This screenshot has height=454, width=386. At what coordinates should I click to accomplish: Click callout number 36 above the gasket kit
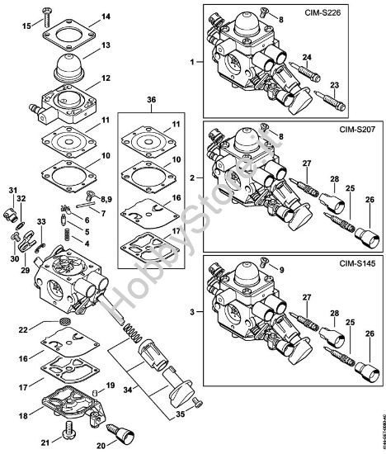150,102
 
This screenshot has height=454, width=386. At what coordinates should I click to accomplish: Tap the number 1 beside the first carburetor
192,62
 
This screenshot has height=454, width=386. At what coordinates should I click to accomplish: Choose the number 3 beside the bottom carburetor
192,314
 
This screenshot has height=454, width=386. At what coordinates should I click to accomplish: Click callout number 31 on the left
12,192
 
